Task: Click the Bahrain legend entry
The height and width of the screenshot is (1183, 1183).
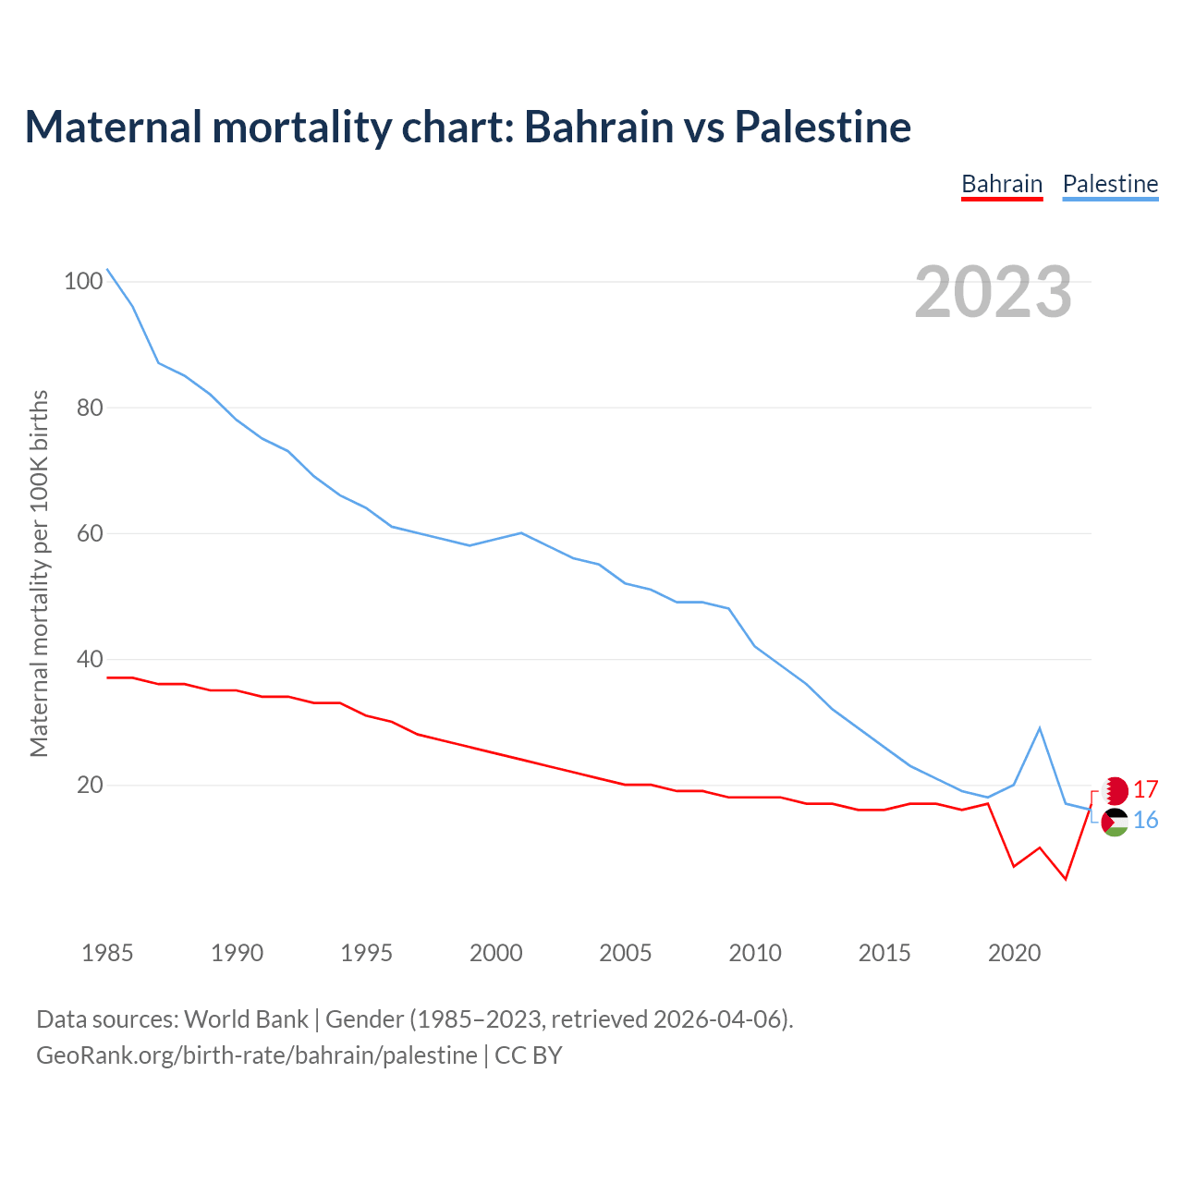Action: pyautogui.click(x=1002, y=184)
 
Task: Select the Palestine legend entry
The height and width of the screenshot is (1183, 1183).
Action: pyautogui.click(x=1110, y=184)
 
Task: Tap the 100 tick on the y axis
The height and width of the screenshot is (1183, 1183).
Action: pyautogui.click(x=82, y=281)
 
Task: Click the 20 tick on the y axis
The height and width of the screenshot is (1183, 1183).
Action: pyautogui.click(x=89, y=785)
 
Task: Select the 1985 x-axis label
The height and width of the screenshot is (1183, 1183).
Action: pyautogui.click(x=107, y=953)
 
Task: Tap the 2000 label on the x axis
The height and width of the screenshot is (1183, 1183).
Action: pyautogui.click(x=496, y=953)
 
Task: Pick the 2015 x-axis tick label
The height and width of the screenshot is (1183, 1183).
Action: pyautogui.click(x=884, y=953)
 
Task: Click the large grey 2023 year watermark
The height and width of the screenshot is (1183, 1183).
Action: pyautogui.click(x=994, y=292)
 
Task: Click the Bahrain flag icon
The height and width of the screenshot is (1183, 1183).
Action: pyautogui.click(x=1116, y=790)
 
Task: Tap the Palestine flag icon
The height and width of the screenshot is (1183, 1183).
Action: pyautogui.click(x=1116, y=821)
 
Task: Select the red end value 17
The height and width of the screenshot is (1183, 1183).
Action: pyautogui.click(x=1146, y=790)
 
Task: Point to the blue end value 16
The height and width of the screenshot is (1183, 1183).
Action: pyautogui.click(x=1146, y=821)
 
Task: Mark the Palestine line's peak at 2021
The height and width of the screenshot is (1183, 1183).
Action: pyautogui.click(x=1040, y=728)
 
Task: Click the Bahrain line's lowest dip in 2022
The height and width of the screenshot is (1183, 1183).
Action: pyautogui.click(x=1066, y=878)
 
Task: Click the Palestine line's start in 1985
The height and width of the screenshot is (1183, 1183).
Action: pyautogui.click(x=107, y=269)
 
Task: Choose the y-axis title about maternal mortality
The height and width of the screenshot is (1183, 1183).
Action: pyautogui.click(x=39, y=573)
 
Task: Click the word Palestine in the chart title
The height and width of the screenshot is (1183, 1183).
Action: pyautogui.click(x=823, y=127)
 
